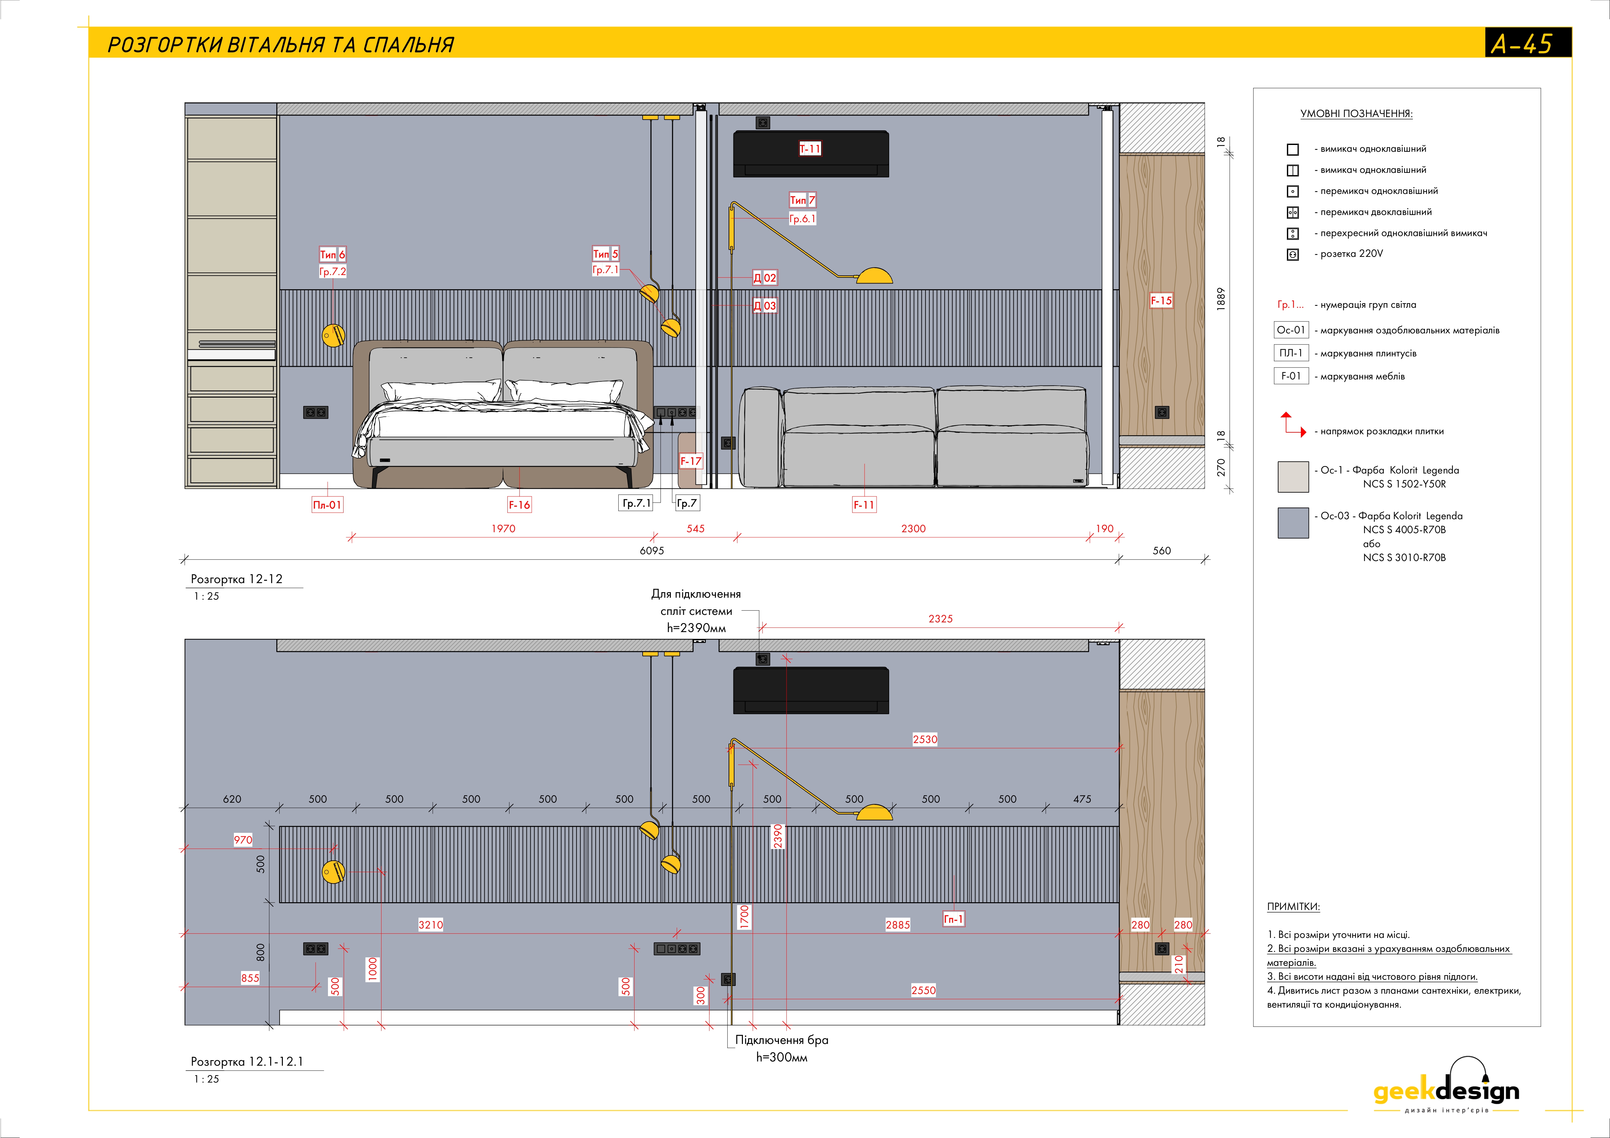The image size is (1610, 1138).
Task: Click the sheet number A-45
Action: [1522, 44]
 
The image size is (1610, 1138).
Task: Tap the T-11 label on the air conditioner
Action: [810, 149]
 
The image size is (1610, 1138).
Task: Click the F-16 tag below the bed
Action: [519, 505]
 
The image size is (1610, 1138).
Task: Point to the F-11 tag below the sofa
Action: [864, 505]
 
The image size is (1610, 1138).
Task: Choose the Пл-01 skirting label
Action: [327, 505]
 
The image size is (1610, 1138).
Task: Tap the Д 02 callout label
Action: [764, 278]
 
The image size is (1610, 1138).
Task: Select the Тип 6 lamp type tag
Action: [333, 255]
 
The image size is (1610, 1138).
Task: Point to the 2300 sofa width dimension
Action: [913, 529]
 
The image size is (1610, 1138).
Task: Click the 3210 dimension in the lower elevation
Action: [430, 925]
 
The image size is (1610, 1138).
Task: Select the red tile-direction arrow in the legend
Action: [1292, 425]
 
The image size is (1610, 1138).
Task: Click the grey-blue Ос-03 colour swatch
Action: [1292, 523]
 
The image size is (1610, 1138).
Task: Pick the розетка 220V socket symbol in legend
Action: [1292, 255]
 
